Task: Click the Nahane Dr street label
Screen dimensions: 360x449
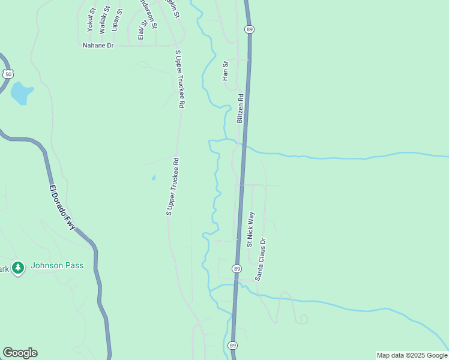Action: click(98, 45)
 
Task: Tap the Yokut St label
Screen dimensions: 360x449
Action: click(91, 19)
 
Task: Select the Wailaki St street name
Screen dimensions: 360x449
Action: click(105, 19)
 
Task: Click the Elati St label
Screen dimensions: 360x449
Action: click(142, 30)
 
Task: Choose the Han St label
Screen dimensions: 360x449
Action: click(226, 71)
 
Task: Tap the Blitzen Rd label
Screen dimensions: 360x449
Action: click(240, 109)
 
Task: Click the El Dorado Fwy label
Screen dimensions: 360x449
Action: click(62, 206)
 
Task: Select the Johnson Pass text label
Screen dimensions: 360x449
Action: click(57, 266)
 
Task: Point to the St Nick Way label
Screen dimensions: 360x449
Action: click(251, 229)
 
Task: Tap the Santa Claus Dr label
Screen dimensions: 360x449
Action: click(261, 259)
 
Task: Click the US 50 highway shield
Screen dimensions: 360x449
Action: click(7, 74)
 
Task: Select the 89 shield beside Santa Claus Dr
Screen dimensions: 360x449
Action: click(238, 268)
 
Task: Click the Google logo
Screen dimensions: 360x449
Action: click(20, 353)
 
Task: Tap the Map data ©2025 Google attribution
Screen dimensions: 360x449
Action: click(412, 355)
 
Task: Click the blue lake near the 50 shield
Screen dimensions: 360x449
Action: click(21, 93)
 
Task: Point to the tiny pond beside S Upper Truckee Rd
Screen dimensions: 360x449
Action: click(154, 178)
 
